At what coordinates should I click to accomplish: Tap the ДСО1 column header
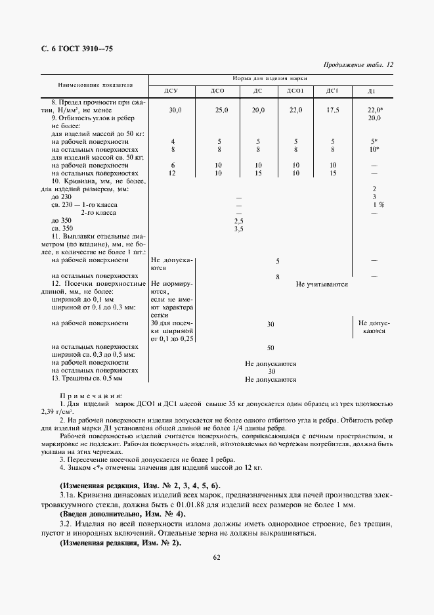pyautogui.click(x=295, y=91)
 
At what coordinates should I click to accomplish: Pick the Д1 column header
pyautogui.click(x=372, y=91)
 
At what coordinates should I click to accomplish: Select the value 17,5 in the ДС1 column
pyautogui.click(x=333, y=110)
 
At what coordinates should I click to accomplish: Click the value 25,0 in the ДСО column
pyautogui.click(x=221, y=110)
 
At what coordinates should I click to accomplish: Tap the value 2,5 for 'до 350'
pyautogui.click(x=239, y=221)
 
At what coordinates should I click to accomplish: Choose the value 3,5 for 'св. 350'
pyautogui.click(x=239, y=229)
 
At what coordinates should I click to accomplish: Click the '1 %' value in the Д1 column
pyautogui.click(x=378, y=205)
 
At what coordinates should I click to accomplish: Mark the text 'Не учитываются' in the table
pyautogui.click(x=321, y=285)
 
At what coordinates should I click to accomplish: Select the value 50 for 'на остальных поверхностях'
pyautogui.click(x=270, y=347)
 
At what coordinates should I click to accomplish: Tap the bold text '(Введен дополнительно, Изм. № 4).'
pyautogui.click(x=122, y=513)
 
